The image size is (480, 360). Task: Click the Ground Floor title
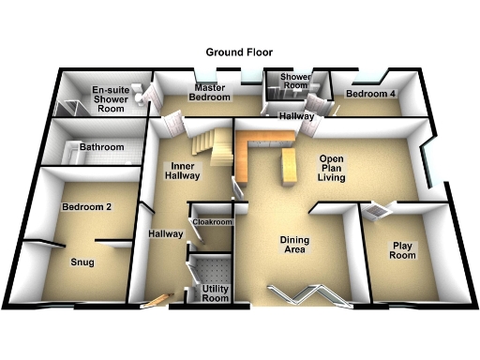tap(240, 53)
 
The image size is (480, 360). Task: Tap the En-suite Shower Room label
tap(110, 97)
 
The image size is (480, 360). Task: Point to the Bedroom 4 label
tap(370, 95)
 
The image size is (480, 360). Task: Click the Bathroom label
tap(101, 147)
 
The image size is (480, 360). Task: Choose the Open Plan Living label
tap(332, 169)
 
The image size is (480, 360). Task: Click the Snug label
tap(83, 263)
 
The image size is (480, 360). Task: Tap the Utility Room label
tap(215, 292)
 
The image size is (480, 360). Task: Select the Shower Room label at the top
tap(293, 82)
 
